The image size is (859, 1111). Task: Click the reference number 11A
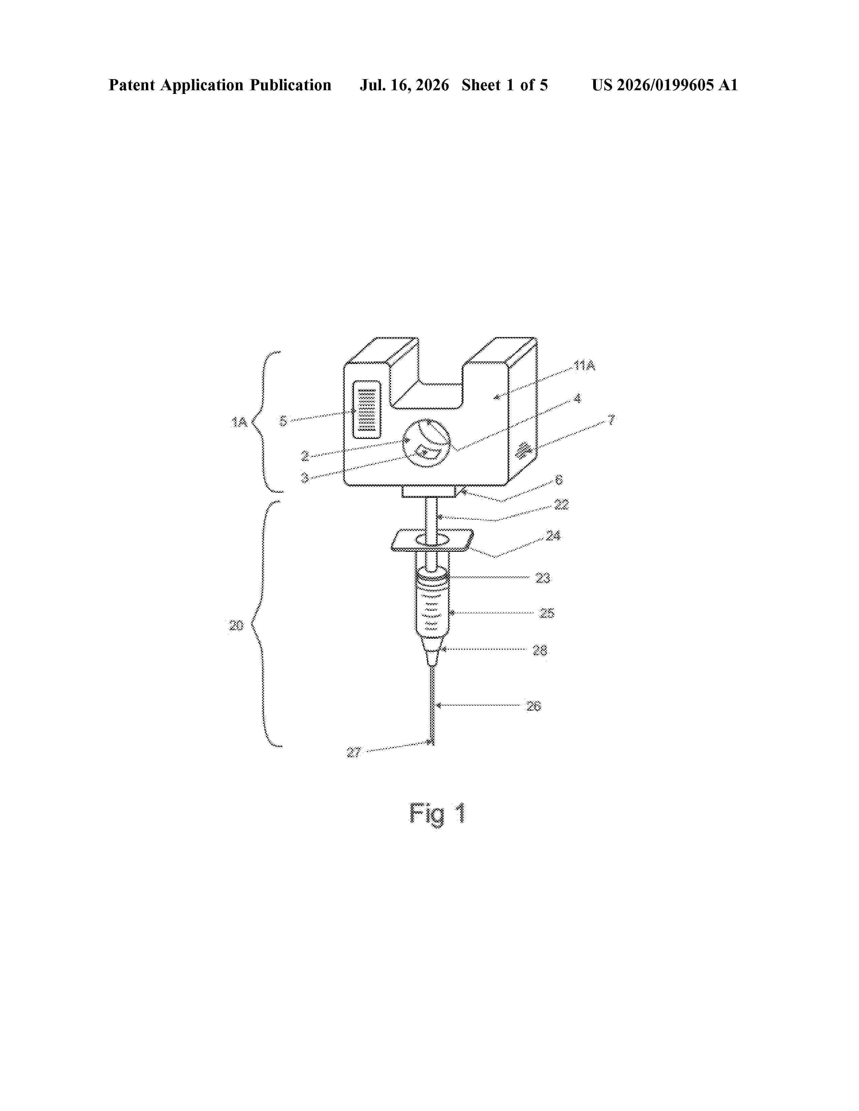pos(584,365)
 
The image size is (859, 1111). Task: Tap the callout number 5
pos(283,421)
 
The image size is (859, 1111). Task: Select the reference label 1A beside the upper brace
pos(239,422)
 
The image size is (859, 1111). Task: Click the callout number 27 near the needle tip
pos(354,752)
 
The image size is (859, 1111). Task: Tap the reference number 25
pos(547,613)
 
